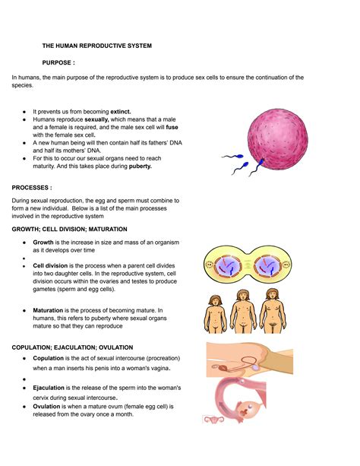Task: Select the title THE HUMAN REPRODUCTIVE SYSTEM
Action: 96,46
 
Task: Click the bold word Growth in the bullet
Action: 43,242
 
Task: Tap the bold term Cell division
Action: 52,266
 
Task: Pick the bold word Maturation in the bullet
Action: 50,310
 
